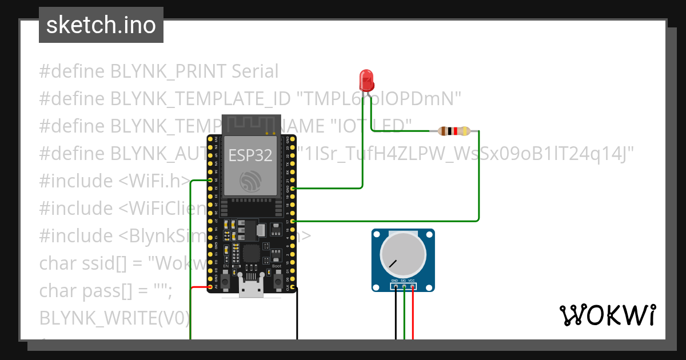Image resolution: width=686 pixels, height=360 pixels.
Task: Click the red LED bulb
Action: pyautogui.click(x=366, y=79)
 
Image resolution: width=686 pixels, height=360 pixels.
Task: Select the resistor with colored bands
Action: pyautogui.click(x=454, y=131)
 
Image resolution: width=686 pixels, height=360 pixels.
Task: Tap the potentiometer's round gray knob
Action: pyautogui.click(x=403, y=255)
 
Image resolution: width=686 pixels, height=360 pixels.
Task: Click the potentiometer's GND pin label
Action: pyautogui.click(x=394, y=281)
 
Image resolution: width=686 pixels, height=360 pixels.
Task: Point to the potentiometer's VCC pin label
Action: pyautogui.click(x=412, y=281)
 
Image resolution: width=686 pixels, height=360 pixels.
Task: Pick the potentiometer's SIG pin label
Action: pyautogui.click(x=403, y=281)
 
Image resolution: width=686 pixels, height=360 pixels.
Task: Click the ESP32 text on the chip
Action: pyautogui.click(x=250, y=155)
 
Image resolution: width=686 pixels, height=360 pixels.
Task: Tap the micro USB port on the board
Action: pyautogui.click(x=251, y=290)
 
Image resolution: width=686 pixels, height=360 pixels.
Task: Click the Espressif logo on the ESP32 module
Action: pyautogui.click(x=250, y=182)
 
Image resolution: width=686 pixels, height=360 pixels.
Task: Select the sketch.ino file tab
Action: pyautogui.click(x=101, y=25)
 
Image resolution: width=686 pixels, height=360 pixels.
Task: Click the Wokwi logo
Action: pyautogui.click(x=607, y=315)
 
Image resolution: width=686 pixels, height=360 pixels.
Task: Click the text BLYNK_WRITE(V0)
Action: pyautogui.click(x=114, y=318)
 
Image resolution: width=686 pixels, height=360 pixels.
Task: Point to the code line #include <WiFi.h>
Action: pyautogui.click(x=114, y=181)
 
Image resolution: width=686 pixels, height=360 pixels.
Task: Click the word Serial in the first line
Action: pyautogui.click(x=255, y=71)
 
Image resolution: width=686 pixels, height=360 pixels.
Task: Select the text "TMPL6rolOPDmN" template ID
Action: pyautogui.click(x=378, y=99)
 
